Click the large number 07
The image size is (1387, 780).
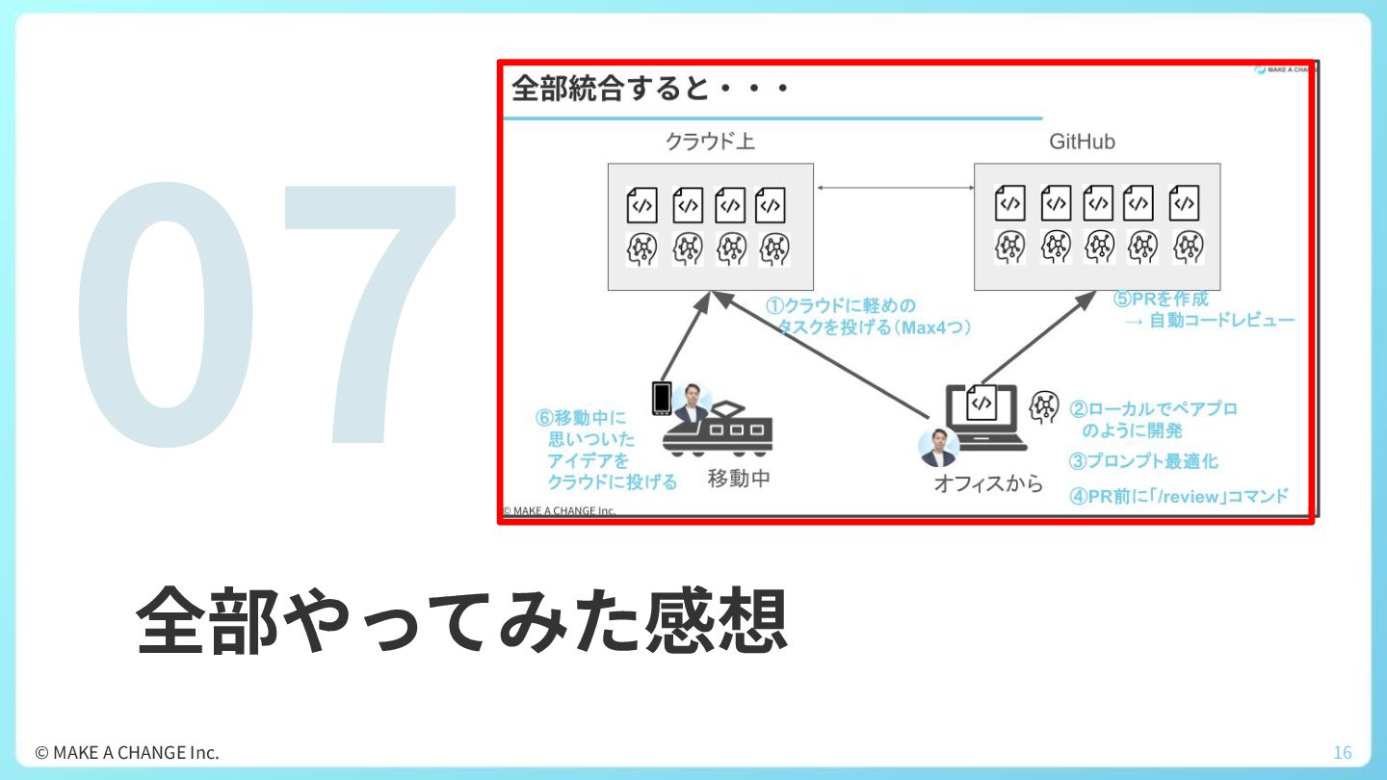(266, 314)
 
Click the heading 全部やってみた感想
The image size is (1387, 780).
(462, 620)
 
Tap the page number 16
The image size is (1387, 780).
(1343, 753)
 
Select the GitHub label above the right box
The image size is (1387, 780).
(1082, 142)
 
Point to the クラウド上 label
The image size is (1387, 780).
(710, 142)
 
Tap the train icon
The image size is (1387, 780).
(717, 429)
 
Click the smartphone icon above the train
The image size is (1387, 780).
(662, 398)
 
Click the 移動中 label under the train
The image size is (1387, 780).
(739, 479)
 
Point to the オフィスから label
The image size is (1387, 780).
(988, 483)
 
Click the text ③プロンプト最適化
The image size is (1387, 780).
(1143, 461)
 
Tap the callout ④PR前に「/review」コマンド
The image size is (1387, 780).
(1179, 496)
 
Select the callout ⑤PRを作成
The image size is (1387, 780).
(1161, 299)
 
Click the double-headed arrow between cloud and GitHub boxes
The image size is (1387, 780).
(895, 188)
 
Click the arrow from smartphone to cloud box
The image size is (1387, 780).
(686, 337)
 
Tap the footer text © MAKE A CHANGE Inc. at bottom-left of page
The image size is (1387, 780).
(127, 753)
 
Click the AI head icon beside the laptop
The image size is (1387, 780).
(1044, 406)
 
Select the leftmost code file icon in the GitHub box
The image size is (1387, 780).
(1009, 202)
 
